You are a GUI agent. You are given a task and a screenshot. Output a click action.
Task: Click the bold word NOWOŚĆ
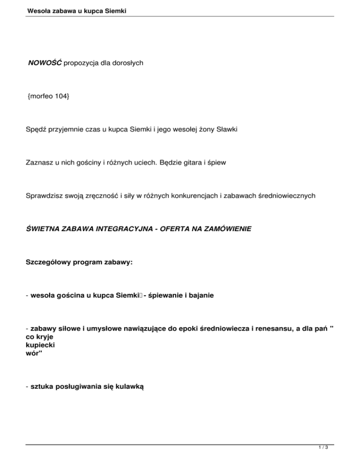[45, 63]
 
